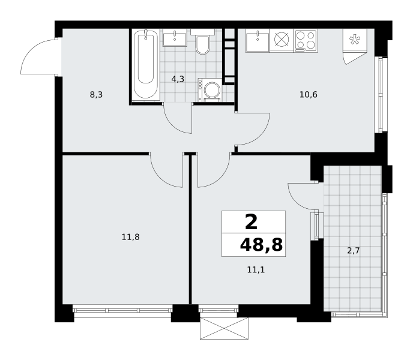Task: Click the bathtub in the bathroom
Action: click(146, 65)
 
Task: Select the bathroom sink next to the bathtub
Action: click(175, 38)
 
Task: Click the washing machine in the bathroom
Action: click(210, 90)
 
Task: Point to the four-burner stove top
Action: click(306, 40)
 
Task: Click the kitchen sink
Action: click(258, 41)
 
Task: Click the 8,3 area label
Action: click(96, 95)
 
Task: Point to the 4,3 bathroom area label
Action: click(178, 79)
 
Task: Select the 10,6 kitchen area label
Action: click(309, 94)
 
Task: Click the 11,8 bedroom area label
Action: click(130, 237)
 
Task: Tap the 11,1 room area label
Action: click(256, 269)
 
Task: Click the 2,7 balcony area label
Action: click(353, 250)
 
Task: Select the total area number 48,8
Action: click(261, 245)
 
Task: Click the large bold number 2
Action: click(251, 222)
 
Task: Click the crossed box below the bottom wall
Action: click(224, 328)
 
